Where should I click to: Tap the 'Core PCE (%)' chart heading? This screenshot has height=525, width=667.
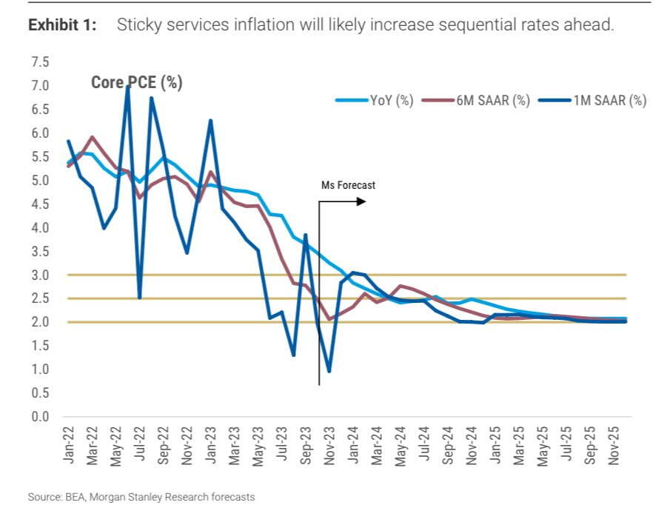[136, 83]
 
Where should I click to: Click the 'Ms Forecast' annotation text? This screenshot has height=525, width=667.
[348, 185]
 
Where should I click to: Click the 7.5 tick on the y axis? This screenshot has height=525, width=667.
[40, 62]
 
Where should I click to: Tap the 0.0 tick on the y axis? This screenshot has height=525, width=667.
[40, 417]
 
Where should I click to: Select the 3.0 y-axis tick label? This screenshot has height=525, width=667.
[40, 275]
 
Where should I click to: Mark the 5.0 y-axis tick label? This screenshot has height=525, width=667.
[40, 181]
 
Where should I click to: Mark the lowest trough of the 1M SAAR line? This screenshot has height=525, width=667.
[329, 371]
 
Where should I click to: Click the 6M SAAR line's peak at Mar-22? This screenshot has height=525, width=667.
[92, 137]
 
